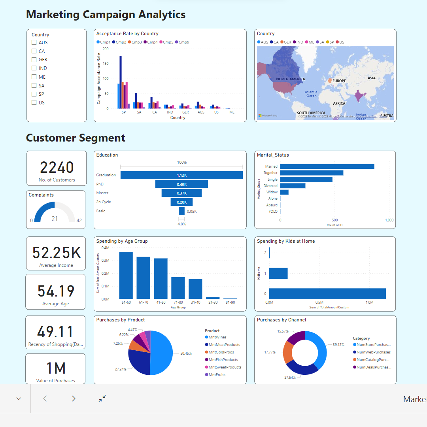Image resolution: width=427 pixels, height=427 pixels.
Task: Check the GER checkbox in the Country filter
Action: [34, 60]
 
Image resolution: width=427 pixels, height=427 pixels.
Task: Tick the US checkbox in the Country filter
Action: [34, 103]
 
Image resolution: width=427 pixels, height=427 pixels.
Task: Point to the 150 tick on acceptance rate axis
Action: [106, 64]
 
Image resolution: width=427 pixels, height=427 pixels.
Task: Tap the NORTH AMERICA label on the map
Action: [291, 79]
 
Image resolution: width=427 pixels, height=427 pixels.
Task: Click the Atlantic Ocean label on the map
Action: [311, 94]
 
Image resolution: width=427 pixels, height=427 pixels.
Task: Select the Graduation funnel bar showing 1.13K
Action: [181, 175]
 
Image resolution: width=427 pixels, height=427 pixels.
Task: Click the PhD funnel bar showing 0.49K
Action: [181, 184]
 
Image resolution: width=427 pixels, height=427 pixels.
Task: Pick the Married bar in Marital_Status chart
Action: [327, 166]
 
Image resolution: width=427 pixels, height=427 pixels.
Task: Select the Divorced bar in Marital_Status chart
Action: [293, 186]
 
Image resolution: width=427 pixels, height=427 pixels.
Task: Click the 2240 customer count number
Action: [57, 168]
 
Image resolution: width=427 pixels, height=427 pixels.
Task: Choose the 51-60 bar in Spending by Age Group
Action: [126, 275]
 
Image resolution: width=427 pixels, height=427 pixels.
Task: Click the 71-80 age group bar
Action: [178, 288]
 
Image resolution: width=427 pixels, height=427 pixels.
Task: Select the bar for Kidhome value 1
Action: [278, 273]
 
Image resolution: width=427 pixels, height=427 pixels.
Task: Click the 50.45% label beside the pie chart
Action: [186, 353]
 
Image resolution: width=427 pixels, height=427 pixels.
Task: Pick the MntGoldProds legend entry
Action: [221, 352]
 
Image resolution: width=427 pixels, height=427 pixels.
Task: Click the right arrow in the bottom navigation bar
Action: [74, 399]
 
